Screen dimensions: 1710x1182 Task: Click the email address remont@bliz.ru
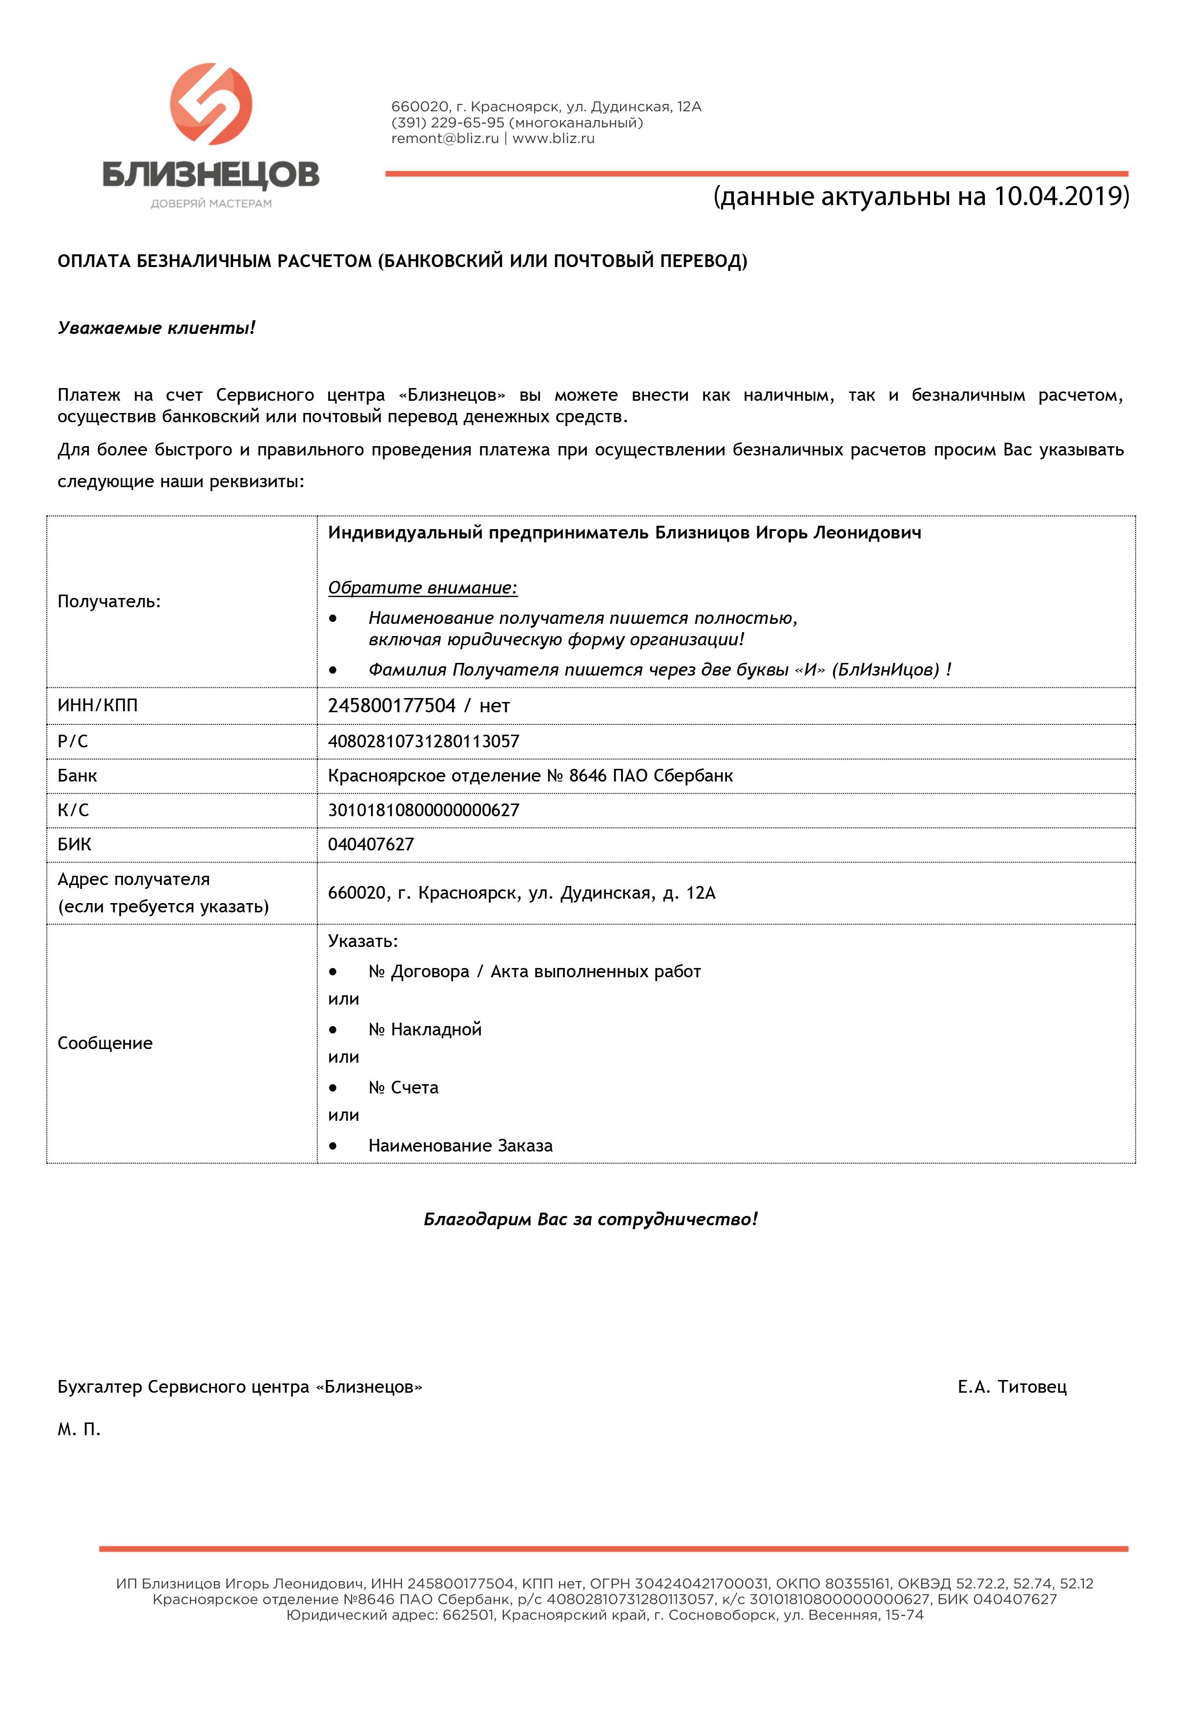[445, 139]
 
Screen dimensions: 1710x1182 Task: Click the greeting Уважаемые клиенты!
[156, 328]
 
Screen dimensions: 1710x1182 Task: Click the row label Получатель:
[109, 601]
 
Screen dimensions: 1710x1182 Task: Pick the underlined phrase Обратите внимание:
[422, 588]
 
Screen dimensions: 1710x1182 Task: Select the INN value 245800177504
[392, 705]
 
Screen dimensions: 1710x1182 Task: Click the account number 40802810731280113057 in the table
[424, 741]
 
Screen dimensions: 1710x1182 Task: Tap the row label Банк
[77, 776]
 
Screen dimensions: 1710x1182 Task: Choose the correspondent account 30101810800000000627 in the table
[424, 810]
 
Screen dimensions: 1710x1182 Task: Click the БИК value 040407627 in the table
[371, 844]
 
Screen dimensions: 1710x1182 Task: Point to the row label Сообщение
[105, 1043]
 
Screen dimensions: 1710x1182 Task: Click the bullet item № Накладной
[425, 1029]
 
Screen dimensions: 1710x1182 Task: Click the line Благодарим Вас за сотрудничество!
[590, 1219]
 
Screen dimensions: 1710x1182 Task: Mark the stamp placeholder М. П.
[79, 1429]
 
